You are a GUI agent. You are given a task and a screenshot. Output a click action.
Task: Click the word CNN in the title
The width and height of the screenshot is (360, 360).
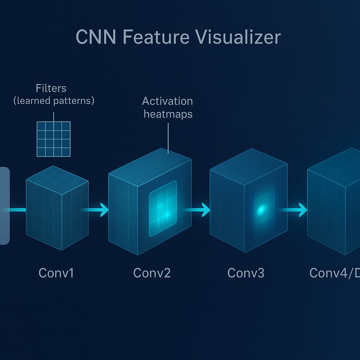pos(96,38)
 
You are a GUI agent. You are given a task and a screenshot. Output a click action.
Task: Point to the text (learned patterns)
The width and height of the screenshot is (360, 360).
pos(53,101)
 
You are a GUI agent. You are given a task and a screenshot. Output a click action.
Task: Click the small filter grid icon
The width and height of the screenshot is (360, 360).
pos(53,139)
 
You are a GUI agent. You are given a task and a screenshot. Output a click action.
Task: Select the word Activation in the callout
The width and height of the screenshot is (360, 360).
pos(167,101)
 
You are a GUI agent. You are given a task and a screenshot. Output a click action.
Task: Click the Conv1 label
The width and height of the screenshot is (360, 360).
pos(56,273)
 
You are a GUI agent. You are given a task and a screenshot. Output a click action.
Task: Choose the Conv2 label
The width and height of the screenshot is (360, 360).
pos(152,273)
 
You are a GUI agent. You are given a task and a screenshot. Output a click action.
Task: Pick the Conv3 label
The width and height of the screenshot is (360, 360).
pos(246,273)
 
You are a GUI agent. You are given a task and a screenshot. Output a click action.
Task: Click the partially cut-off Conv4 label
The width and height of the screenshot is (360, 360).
pos(334,273)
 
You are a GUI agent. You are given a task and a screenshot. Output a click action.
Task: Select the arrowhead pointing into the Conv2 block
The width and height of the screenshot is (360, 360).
pos(104,210)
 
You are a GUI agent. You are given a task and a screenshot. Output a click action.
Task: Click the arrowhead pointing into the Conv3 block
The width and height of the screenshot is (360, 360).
pos(205,210)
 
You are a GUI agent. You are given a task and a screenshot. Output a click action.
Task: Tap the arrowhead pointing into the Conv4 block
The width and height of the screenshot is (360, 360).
pos(303,210)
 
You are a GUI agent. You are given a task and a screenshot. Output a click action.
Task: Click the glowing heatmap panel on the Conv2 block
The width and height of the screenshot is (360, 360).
pos(163,208)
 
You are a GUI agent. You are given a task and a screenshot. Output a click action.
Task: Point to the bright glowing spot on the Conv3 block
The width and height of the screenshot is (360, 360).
pos(261,210)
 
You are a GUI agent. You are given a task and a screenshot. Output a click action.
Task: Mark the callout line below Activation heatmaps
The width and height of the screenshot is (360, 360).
pos(168,137)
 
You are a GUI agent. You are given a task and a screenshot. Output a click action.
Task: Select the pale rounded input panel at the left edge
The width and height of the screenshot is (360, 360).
pos(5,206)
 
